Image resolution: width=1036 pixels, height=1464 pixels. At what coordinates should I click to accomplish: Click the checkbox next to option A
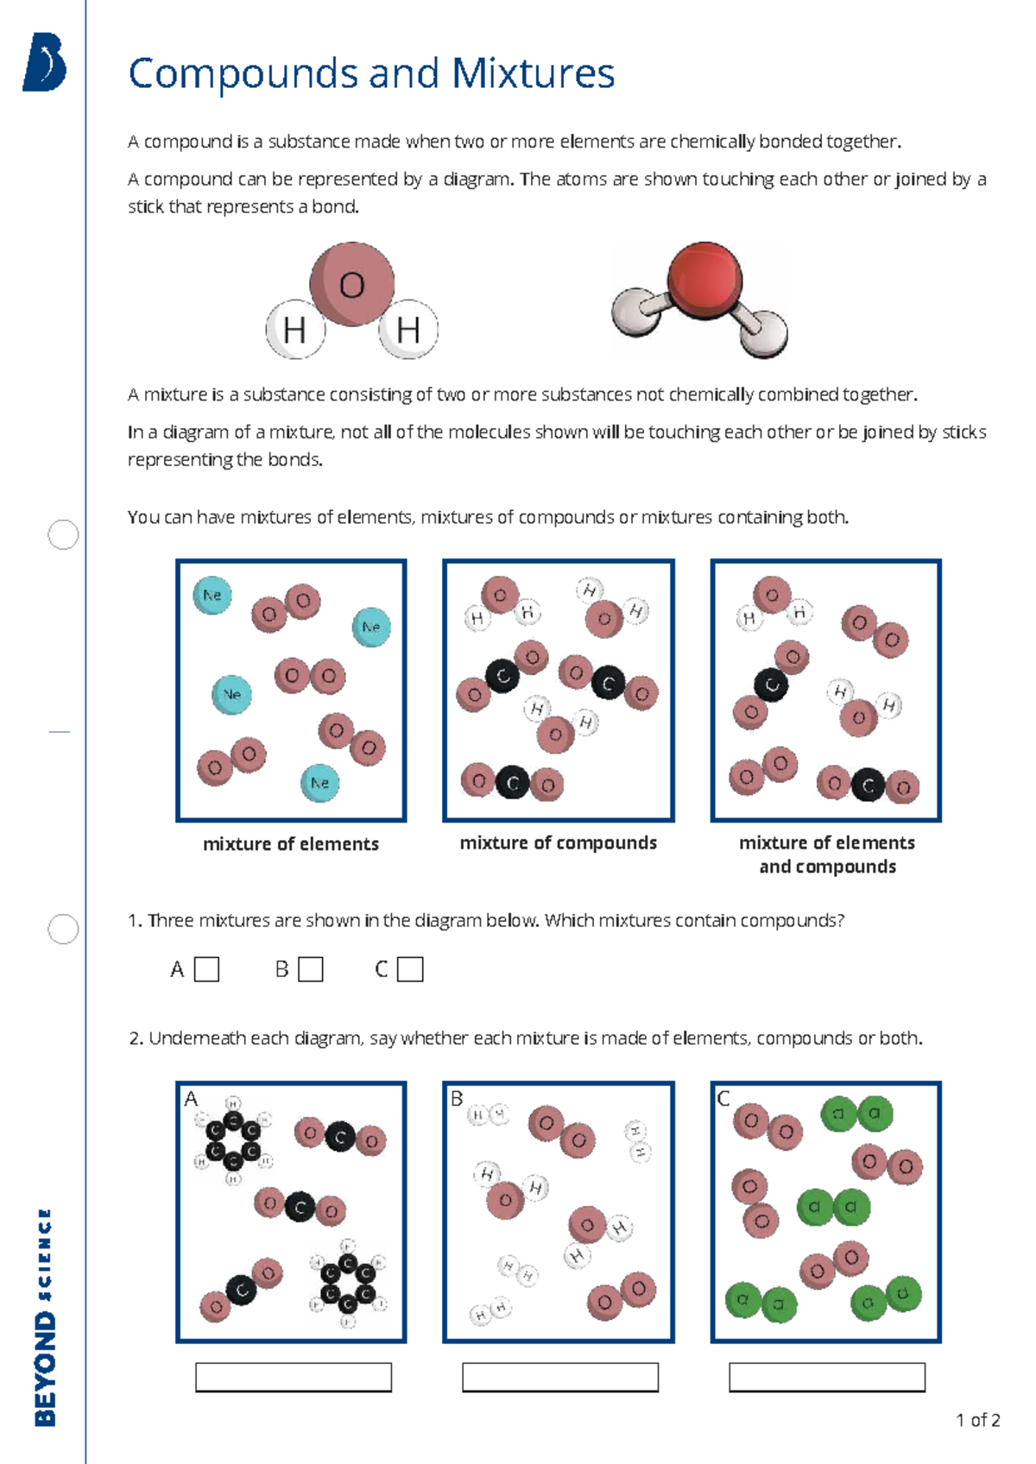tap(206, 969)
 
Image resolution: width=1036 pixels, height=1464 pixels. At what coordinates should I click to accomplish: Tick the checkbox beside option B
tap(310, 969)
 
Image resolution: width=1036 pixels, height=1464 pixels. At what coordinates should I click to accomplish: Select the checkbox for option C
tap(410, 969)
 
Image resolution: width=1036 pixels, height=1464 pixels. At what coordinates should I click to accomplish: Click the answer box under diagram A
tap(294, 1377)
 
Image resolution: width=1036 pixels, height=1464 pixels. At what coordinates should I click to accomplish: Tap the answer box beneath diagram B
tap(560, 1377)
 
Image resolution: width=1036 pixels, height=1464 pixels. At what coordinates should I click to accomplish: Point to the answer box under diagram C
tap(827, 1377)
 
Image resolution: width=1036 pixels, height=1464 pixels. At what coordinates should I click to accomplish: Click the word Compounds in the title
tap(243, 74)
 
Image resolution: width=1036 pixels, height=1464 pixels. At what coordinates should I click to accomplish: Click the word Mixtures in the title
tap(533, 74)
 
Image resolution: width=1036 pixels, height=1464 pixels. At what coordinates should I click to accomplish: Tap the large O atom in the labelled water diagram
tap(352, 284)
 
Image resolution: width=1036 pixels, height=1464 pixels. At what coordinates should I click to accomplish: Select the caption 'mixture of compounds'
tap(558, 842)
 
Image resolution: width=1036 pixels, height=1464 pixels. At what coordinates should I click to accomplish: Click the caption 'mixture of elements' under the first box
tap(291, 844)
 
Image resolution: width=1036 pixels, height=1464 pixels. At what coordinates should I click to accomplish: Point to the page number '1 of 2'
tap(977, 1420)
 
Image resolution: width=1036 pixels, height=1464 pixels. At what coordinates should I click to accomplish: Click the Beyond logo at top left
tap(45, 62)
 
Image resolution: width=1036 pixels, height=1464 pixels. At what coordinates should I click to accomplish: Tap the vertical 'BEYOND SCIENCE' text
tap(45, 1316)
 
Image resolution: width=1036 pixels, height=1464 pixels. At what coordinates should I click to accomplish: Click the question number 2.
tap(135, 1038)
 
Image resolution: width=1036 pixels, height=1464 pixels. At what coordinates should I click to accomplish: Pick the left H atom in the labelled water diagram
tap(294, 330)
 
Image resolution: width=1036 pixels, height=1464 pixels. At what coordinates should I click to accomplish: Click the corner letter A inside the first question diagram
tap(191, 1099)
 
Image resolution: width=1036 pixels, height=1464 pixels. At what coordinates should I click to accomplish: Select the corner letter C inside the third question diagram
tap(723, 1099)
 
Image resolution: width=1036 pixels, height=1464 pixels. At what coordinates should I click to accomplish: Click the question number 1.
tap(134, 921)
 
